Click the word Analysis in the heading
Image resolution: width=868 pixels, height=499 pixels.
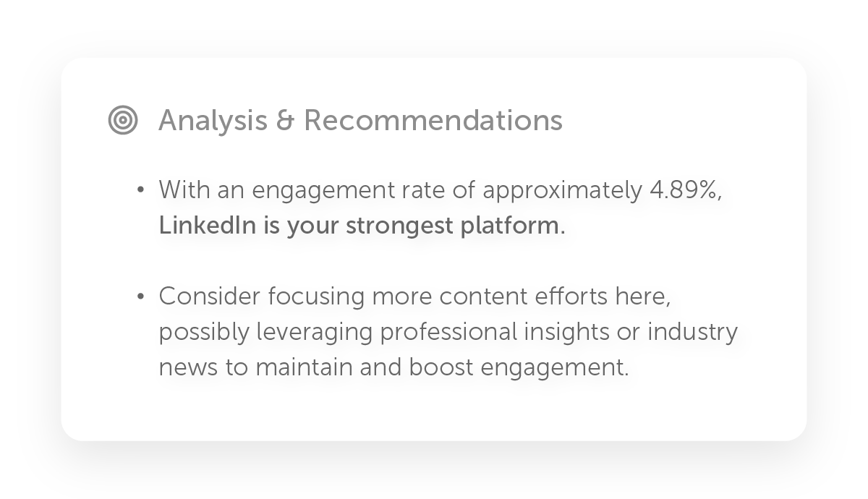pos(213,121)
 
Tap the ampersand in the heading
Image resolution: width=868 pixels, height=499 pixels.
pos(286,121)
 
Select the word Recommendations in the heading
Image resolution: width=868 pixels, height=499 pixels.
pos(433,121)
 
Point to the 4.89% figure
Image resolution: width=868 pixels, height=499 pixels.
pos(686,190)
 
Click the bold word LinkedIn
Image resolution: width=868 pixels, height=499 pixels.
pos(208,225)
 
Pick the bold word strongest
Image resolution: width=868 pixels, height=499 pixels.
pos(399,226)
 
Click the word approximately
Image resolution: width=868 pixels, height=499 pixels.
pos(562,191)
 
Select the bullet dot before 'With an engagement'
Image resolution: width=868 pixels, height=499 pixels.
pos(140,189)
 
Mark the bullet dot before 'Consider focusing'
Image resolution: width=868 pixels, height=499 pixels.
pos(140,297)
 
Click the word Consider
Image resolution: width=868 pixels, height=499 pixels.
pos(210,297)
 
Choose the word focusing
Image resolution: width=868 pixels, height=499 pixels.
pos(316,297)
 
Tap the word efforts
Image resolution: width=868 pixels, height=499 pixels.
pos(571,297)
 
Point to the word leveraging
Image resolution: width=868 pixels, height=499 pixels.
pos(314,333)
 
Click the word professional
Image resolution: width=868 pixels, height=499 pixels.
pos(448,333)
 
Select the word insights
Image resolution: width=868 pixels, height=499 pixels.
pos(566,333)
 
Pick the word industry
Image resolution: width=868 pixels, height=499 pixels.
pos(693,333)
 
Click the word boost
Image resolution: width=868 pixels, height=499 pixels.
pos(441,367)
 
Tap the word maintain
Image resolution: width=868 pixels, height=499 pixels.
pos(303,367)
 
